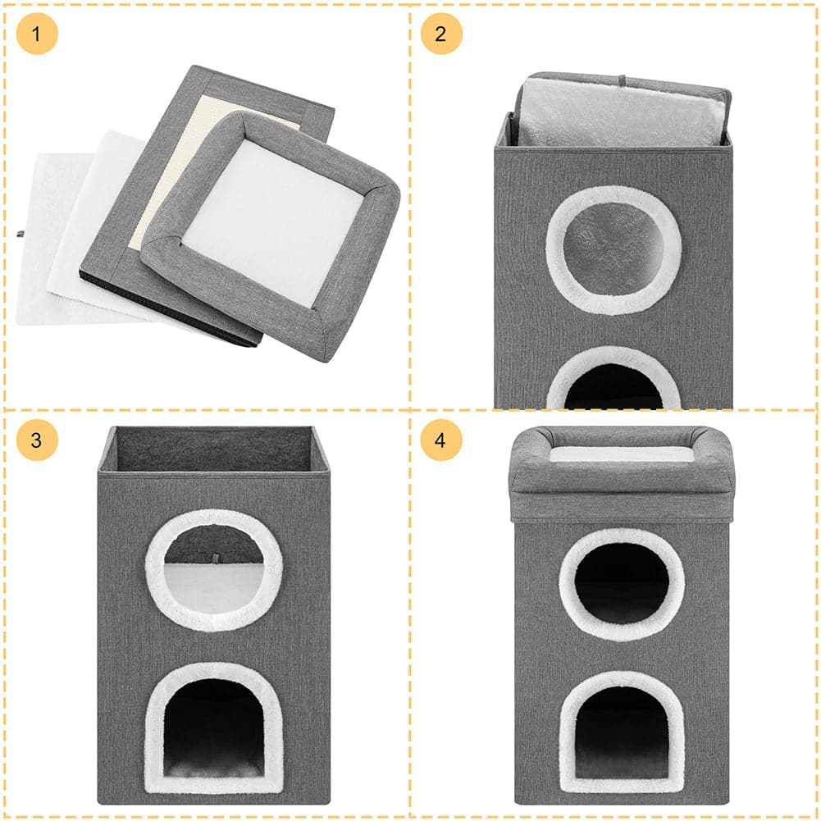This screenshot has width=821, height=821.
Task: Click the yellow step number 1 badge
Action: (37, 34)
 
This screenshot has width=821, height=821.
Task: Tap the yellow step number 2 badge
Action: (441, 34)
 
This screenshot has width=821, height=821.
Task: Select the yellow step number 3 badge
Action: (37, 440)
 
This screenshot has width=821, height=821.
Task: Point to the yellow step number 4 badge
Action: (441, 440)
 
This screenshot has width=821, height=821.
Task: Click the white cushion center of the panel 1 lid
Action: (272, 222)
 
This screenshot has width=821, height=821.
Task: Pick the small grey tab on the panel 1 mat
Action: (20, 234)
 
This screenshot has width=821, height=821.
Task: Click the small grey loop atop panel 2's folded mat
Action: (622, 81)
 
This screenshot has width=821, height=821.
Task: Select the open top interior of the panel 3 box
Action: (213, 449)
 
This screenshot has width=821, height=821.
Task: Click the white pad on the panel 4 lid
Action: (622, 454)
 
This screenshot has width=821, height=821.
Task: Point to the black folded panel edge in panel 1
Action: (170, 309)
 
